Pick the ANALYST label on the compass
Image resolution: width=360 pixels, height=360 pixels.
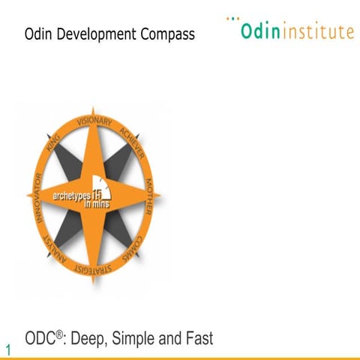coord(55,247)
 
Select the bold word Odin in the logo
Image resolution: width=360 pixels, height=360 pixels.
coord(260,32)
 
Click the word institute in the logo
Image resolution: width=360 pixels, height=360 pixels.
coord(317,32)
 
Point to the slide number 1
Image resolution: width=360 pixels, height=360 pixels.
coord(8,349)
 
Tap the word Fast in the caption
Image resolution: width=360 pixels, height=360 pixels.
coord(198,339)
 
